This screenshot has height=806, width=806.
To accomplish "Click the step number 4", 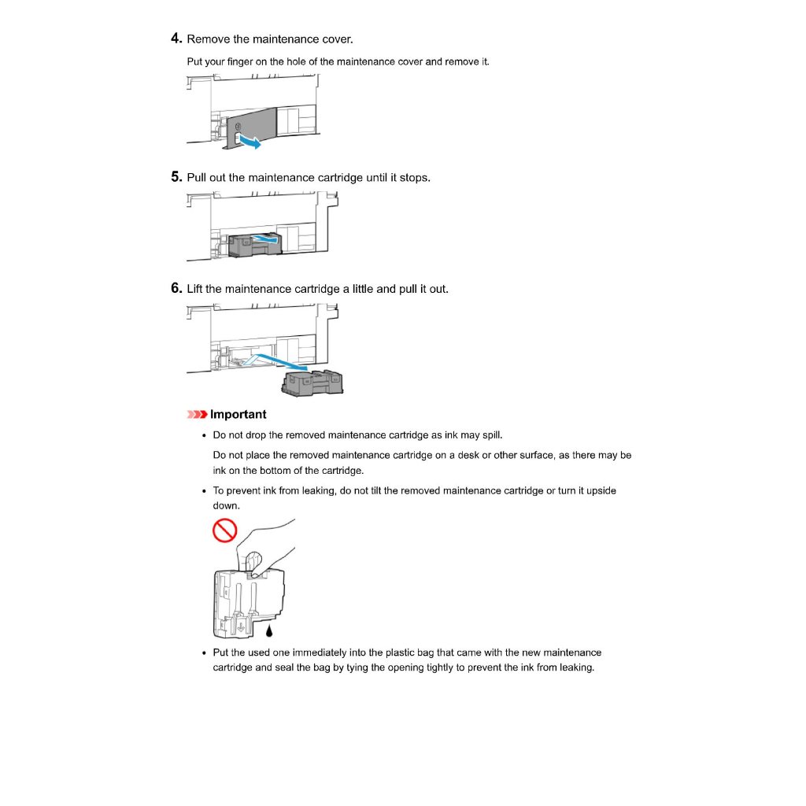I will [176, 39].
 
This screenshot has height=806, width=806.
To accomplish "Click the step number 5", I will [176, 177].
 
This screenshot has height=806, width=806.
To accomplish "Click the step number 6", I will [176, 288].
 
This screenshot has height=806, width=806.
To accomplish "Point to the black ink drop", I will [270, 630].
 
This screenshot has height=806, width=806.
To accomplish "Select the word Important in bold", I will [238, 415].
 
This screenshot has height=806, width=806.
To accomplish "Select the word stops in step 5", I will [414, 177].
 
